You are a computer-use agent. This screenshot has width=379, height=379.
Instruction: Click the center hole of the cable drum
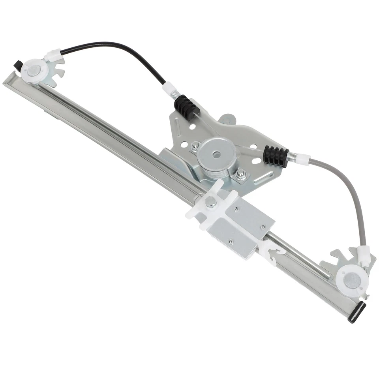216,154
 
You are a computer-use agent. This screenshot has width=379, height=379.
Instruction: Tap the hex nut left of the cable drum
195,148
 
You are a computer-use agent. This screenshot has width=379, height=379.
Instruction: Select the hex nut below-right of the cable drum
241,173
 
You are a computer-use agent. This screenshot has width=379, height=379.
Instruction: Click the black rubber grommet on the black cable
184,107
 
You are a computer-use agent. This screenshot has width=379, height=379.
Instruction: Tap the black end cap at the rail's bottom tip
356,312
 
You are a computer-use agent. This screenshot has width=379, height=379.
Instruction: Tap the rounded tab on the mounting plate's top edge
227,119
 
